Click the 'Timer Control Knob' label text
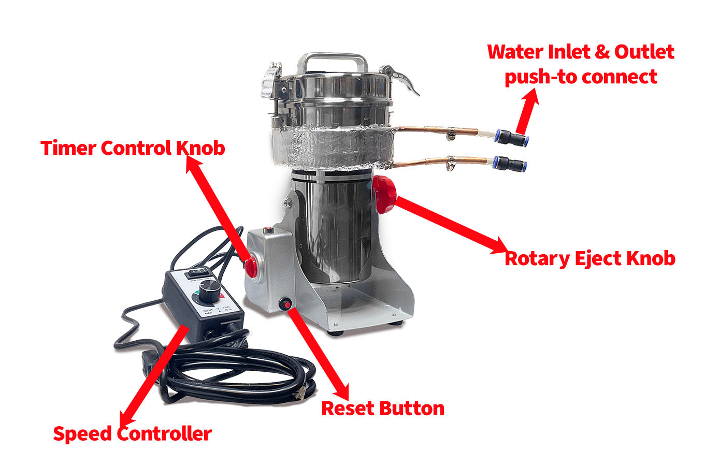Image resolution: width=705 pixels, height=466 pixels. point(133,148)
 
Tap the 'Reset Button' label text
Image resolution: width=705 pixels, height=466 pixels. point(382,408)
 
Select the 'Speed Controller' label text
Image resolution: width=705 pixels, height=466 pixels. point(132,433)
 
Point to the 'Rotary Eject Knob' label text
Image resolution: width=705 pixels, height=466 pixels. point(589,258)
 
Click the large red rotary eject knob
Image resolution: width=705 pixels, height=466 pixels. point(384,194)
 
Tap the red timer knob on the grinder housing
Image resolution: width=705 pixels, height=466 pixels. point(251,266)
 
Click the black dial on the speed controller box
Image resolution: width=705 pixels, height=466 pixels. point(210,292)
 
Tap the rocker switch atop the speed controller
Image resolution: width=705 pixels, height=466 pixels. point(197,271)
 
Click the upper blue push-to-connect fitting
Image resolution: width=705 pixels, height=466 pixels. point(511,137)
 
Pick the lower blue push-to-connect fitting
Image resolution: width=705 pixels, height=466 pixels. point(510,164)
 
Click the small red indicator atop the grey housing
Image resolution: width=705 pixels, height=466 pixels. point(268,230)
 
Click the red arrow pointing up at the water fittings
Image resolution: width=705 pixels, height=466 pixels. point(527,111)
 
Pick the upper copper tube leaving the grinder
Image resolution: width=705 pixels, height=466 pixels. point(440,130)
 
